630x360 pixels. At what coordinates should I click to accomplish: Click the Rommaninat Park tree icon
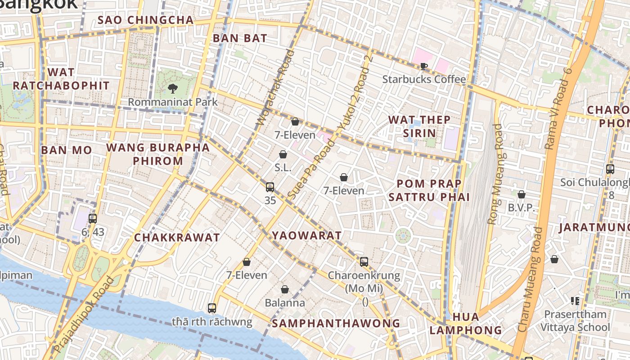pyautogui.click(x=172, y=88)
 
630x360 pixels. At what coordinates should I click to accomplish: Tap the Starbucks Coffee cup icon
pyautogui.click(x=423, y=67)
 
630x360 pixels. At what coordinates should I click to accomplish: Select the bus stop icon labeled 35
pyautogui.click(x=270, y=187)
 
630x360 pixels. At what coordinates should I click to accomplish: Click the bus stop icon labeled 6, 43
pyautogui.click(x=93, y=219)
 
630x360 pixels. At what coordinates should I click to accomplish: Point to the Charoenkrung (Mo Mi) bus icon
pyautogui.click(x=364, y=261)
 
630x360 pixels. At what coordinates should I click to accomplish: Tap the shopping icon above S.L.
pyautogui.click(x=283, y=154)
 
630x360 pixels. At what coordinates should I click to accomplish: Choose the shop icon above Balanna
pyautogui.click(x=284, y=289)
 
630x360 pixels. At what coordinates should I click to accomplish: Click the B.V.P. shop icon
pyautogui.click(x=521, y=194)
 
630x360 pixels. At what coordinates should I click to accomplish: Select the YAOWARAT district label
pyautogui.click(x=306, y=235)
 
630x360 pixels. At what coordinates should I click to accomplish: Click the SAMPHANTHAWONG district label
pyautogui.click(x=336, y=323)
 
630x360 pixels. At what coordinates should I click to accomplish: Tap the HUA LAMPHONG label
pyautogui.click(x=465, y=324)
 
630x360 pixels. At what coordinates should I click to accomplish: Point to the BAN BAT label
pyautogui.click(x=240, y=38)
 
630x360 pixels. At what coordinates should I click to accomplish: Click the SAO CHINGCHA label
pyautogui.click(x=145, y=20)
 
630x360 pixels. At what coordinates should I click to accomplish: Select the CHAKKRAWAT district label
pyautogui.click(x=177, y=238)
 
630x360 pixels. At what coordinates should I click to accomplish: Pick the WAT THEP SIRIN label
pyautogui.click(x=419, y=126)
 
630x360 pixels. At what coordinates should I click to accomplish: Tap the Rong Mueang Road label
pyautogui.click(x=495, y=174)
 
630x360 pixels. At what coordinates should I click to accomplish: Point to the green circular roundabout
pyautogui.click(x=403, y=235)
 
